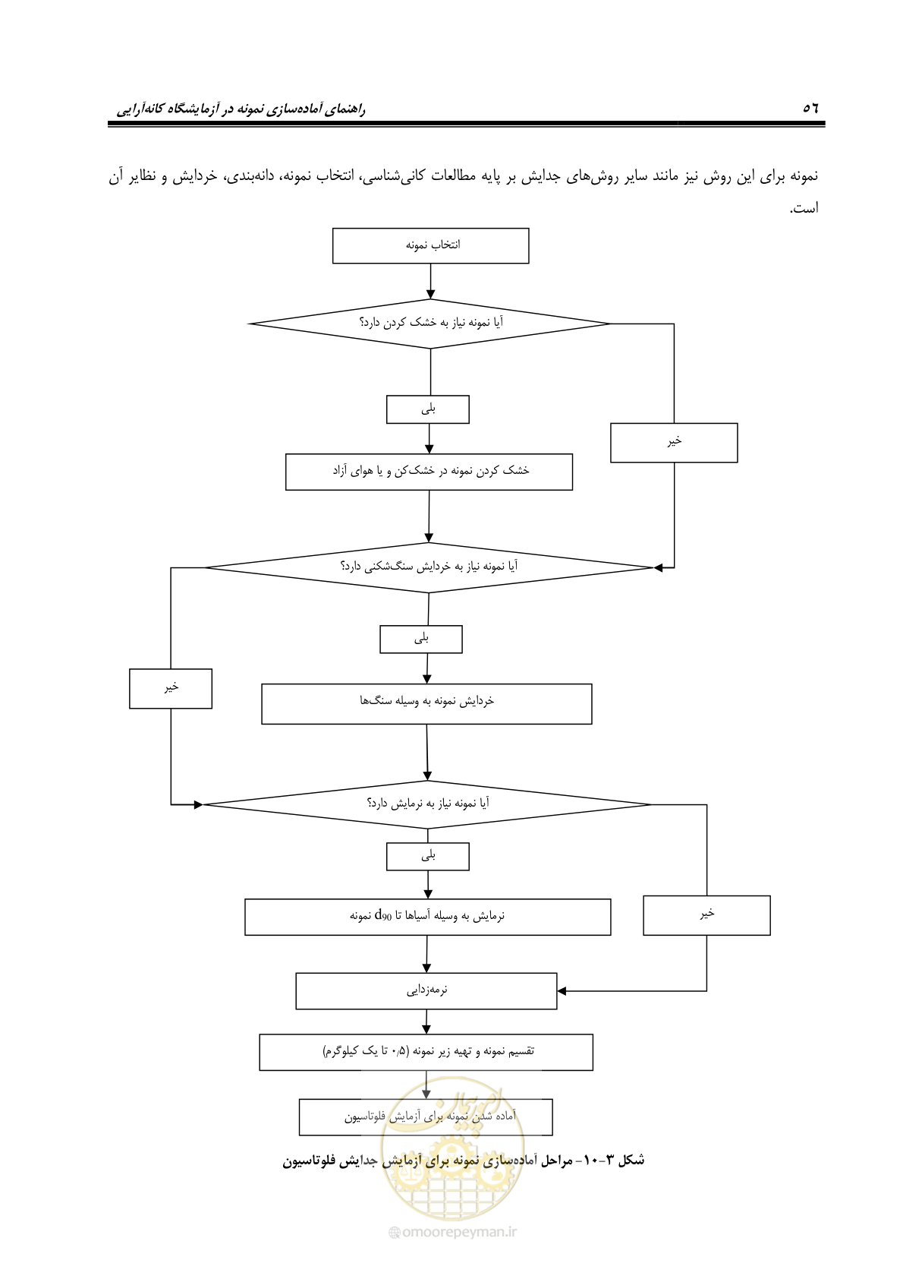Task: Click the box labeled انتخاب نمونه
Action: coord(431,245)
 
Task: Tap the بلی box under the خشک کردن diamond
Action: coord(428,409)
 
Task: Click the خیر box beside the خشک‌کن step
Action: coord(674,443)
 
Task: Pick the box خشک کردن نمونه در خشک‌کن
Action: coord(429,472)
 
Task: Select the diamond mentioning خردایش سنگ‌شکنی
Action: coord(429,567)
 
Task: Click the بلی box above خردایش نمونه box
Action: coord(421,639)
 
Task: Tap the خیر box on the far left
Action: coord(171,689)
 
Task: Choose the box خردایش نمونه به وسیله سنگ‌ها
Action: coord(426,704)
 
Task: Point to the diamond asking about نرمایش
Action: coord(427,804)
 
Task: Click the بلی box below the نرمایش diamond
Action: coord(428,857)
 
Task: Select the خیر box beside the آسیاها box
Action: coord(706,915)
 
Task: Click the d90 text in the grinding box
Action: coord(382,915)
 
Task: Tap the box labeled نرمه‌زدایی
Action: coord(426,990)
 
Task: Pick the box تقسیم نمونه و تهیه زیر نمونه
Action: coord(426,1052)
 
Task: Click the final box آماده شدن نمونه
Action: coord(426,1116)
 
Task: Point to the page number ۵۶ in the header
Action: coord(810,108)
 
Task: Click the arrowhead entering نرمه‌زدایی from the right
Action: coord(562,991)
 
